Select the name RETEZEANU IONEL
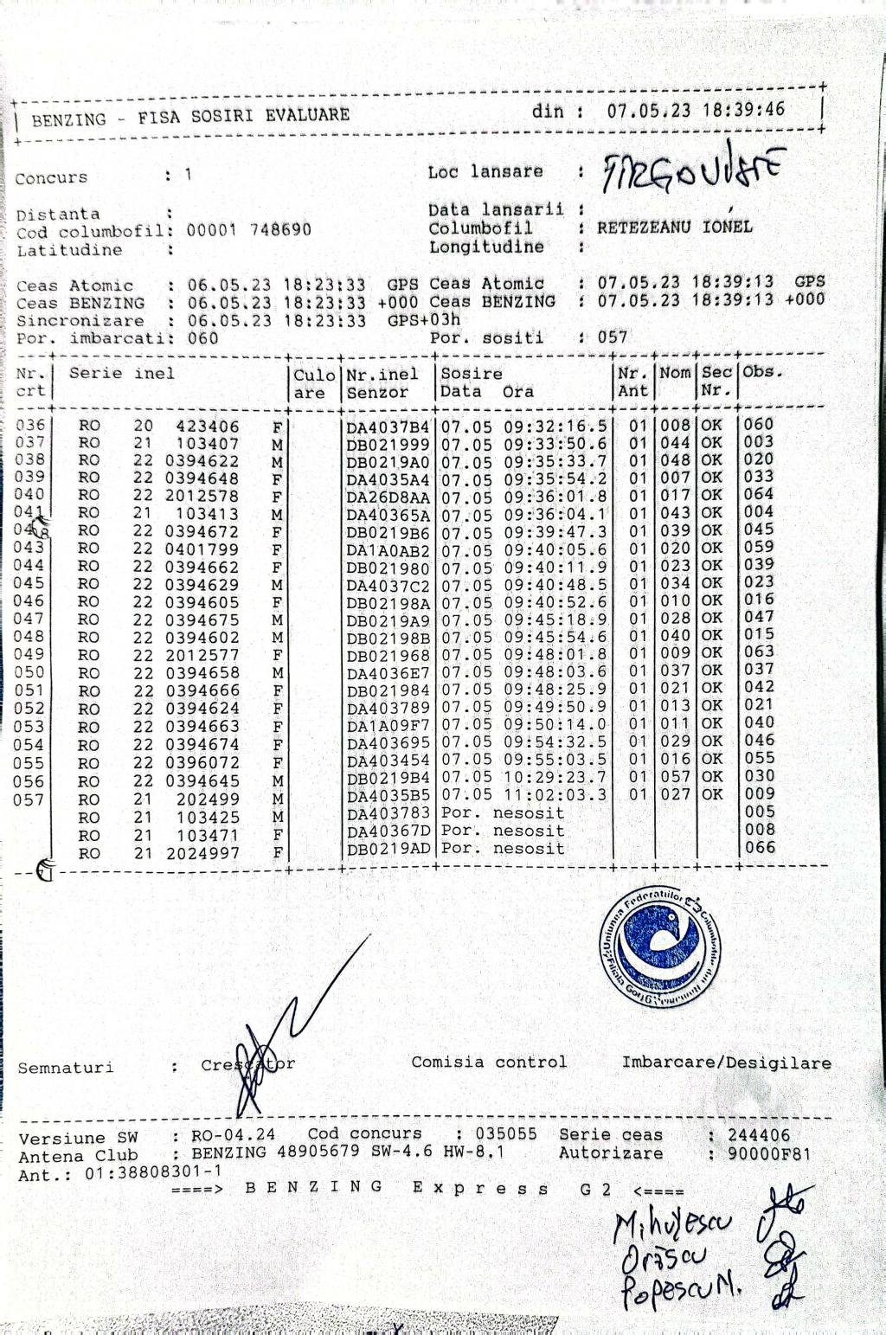click(674, 228)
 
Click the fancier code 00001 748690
click(249, 230)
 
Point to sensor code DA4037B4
click(388, 427)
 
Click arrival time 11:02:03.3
click(555, 794)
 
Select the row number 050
click(29, 672)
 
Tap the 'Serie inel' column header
click(121, 374)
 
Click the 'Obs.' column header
click(762, 372)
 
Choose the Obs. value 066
click(759, 847)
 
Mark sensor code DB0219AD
click(388, 849)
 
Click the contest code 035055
click(505, 1133)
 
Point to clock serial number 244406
click(759, 1135)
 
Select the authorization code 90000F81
click(759, 1153)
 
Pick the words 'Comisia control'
click(489, 1062)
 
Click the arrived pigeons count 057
click(612, 337)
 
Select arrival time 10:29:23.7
click(555, 777)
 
